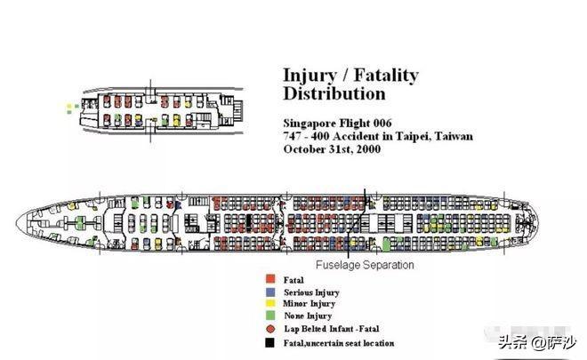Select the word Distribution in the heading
[x=334, y=93]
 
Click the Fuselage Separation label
[x=365, y=265]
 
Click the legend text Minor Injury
[x=308, y=305]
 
